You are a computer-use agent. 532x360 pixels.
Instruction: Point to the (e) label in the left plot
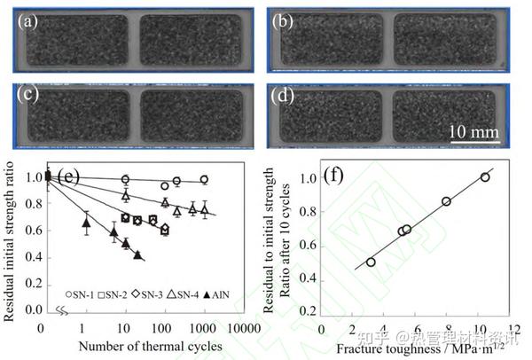67,175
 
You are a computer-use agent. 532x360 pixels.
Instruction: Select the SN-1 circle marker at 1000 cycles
204,179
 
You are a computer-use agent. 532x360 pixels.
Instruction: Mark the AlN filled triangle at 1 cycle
85,225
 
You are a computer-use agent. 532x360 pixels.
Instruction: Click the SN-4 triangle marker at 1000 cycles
204,211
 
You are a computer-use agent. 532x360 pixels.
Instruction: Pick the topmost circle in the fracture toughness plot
484,177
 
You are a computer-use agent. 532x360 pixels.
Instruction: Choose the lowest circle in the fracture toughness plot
371,262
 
